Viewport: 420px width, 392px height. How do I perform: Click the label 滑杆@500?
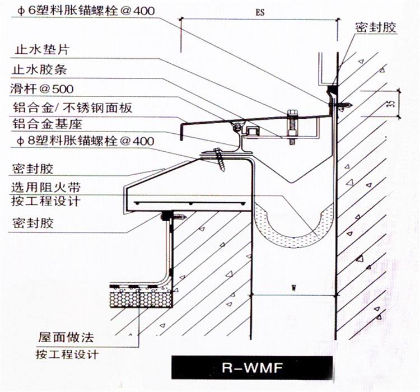[x=41, y=88]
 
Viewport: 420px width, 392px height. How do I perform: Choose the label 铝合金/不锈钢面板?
[x=71, y=108]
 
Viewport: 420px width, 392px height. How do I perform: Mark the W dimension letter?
[x=293, y=288]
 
